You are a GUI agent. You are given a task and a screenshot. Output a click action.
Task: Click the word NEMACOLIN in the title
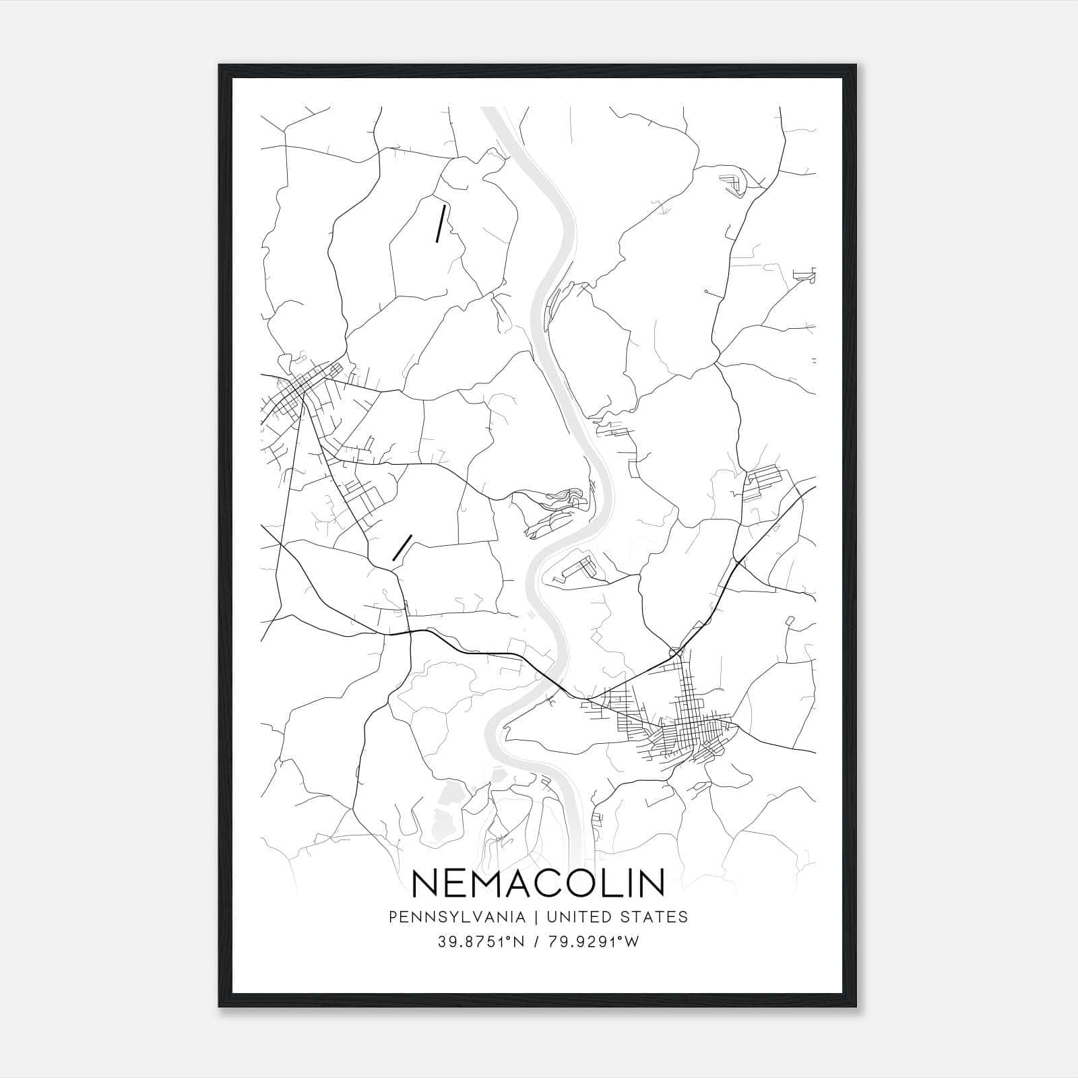(x=538, y=883)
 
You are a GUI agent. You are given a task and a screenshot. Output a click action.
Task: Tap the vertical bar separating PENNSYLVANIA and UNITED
(x=536, y=917)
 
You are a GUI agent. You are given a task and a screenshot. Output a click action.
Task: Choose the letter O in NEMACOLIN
(x=588, y=883)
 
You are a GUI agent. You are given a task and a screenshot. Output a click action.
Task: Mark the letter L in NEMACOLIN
(x=617, y=883)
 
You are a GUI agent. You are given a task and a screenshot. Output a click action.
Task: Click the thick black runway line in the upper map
(x=441, y=223)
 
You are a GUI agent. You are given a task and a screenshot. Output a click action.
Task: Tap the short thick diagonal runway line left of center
(x=402, y=548)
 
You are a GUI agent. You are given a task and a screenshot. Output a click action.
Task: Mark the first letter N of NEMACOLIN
(x=425, y=883)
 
